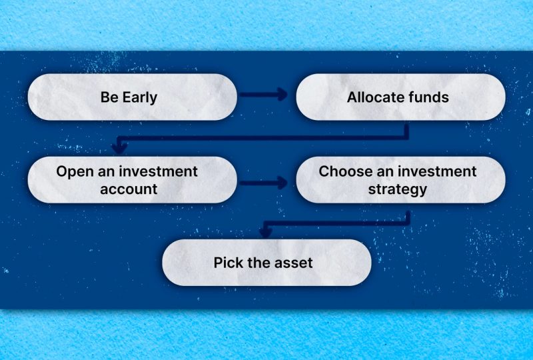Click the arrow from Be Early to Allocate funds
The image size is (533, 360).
263,95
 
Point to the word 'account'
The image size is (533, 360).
129,189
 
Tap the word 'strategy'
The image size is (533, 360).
398,189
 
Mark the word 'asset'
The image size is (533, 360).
292,263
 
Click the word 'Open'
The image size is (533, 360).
73,171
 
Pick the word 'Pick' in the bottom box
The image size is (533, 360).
228,263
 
